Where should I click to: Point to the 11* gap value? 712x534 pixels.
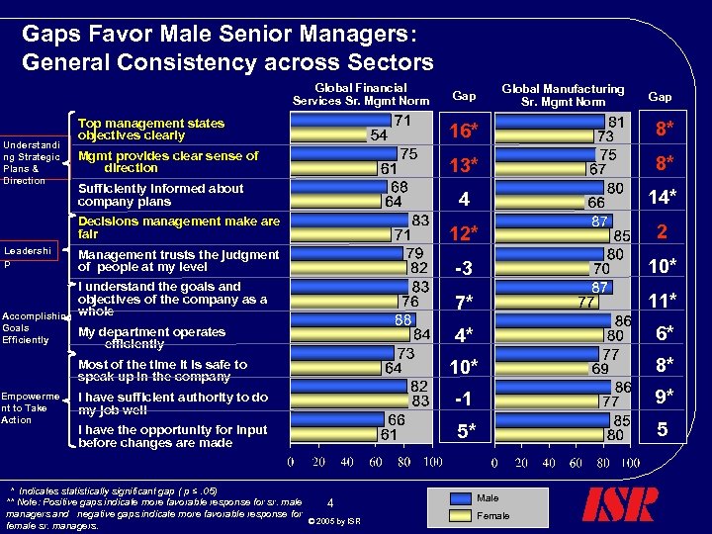point(660,299)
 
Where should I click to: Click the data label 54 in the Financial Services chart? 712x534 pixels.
point(378,135)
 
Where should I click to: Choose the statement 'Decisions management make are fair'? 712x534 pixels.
point(178,227)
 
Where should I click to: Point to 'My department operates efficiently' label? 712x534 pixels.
point(150,338)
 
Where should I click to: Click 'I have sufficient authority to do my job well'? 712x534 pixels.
point(172,402)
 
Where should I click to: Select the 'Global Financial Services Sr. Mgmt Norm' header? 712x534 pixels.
point(360,95)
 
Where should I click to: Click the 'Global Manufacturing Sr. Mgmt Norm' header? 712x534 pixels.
point(563,95)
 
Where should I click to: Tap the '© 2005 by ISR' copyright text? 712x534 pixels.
point(334,521)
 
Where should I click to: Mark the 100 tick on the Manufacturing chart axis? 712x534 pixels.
point(630,462)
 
